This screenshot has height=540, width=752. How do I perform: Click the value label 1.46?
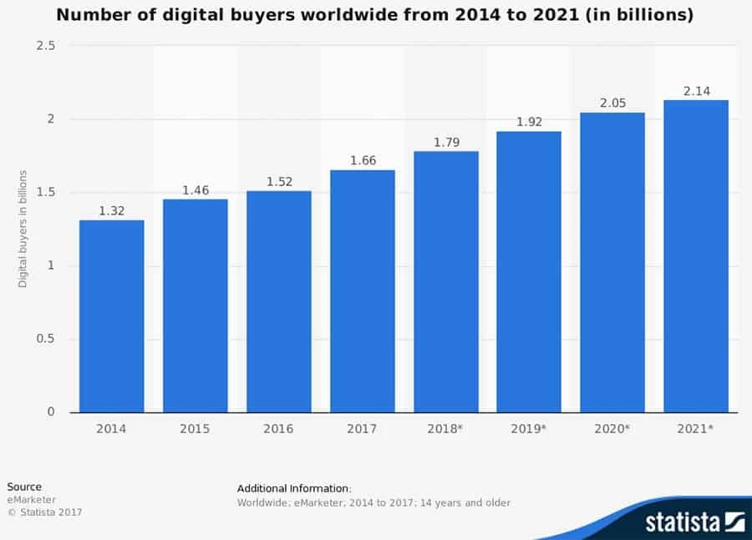point(195,190)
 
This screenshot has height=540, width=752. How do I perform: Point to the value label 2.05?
point(612,103)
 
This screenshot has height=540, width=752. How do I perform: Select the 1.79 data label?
point(445,142)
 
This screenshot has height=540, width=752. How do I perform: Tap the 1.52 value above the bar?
point(278,182)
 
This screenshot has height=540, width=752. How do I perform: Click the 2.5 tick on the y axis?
point(46,46)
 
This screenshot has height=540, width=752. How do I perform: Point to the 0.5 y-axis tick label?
point(46,339)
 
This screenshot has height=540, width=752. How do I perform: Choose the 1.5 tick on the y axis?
point(46,192)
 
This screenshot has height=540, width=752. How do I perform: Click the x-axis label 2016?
point(278,429)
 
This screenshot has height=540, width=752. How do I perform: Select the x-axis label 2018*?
point(445,429)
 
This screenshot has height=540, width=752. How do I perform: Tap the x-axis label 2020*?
point(612,429)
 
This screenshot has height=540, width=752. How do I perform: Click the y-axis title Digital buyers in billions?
point(23,229)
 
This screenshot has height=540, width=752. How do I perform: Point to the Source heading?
point(24,487)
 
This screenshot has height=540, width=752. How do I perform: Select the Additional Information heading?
point(294,488)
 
